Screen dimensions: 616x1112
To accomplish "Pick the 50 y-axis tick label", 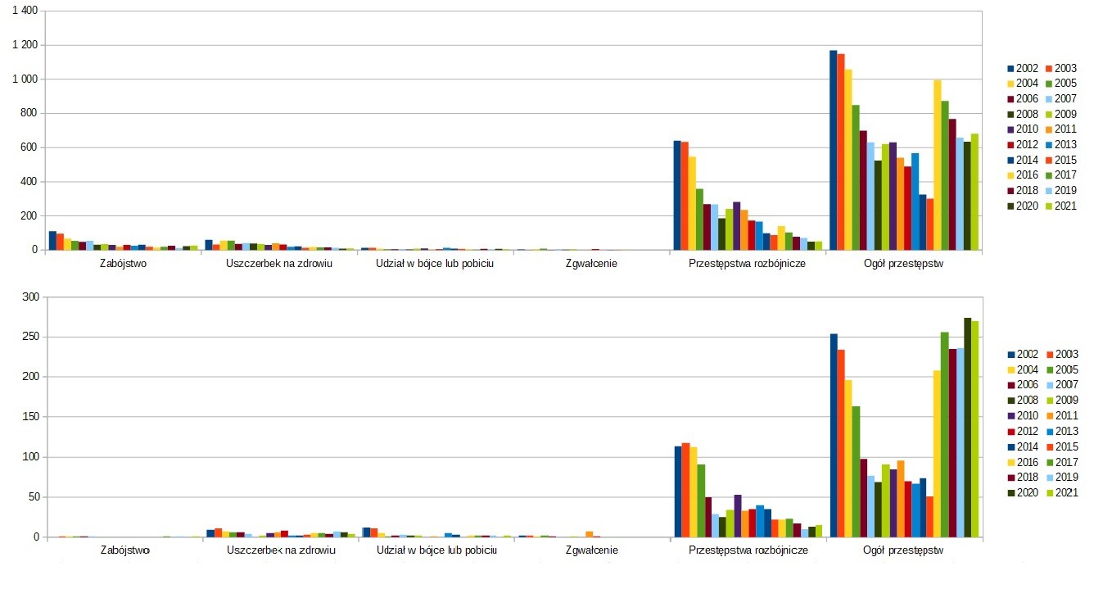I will [33, 497].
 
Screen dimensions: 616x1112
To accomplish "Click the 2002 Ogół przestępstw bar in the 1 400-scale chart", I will [834, 150].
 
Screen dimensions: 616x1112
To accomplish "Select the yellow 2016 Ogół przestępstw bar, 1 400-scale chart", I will [938, 165].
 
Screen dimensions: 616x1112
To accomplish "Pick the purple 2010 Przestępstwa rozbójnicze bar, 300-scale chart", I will [738, 516].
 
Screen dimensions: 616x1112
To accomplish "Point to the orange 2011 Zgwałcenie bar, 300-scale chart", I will [589, 534].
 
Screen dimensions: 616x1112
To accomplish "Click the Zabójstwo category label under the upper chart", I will [124, 264].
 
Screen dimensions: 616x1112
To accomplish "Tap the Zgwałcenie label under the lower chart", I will [591, 550].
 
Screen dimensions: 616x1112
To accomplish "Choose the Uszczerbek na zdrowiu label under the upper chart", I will [279, 264].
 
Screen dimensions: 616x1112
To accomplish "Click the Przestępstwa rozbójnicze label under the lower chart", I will [748, 550].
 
